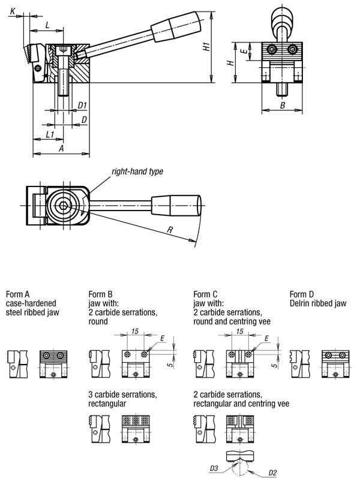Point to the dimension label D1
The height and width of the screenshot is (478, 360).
(83, 106)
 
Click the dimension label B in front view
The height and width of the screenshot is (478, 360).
(283, 105)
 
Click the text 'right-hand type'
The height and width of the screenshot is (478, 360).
(137, 172)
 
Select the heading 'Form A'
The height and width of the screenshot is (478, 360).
(17, 294)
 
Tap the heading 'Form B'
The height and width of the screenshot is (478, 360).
(101, 294)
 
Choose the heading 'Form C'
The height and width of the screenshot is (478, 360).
(206, 294)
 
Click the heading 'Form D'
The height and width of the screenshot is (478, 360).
(302, 294)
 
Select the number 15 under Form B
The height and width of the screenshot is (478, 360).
(134, 331)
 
